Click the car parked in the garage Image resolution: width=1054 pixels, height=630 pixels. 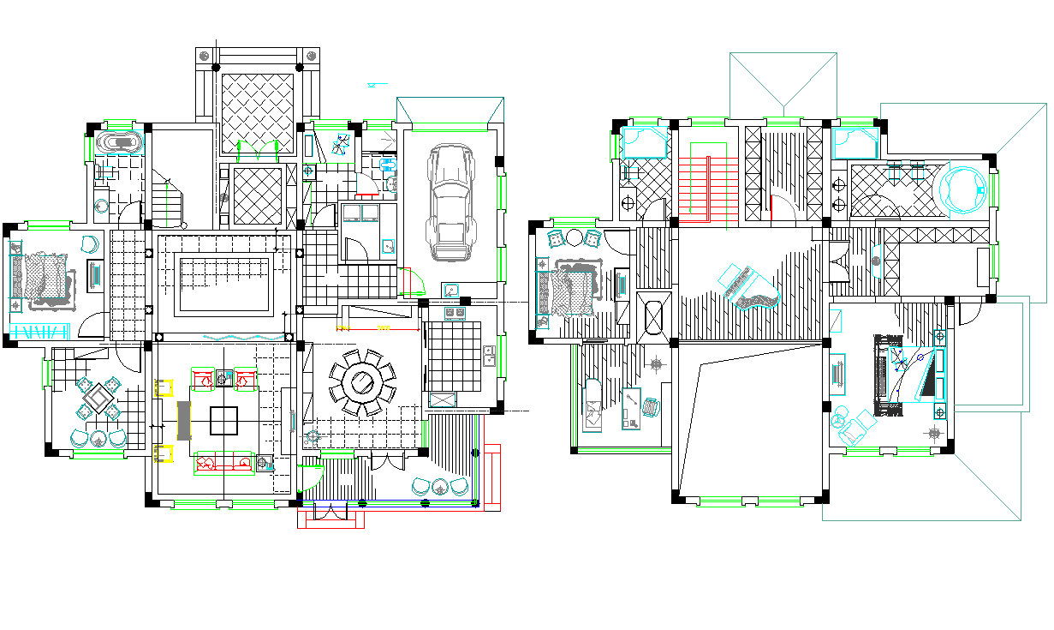click(451, 201)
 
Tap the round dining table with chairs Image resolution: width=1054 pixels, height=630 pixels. click(363, 381)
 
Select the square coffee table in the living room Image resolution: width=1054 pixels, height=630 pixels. click(224, 420)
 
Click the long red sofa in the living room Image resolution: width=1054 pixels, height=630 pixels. click(224, 464)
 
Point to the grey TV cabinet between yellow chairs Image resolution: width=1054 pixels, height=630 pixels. click(182, 420)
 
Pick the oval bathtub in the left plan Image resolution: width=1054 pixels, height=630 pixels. click(118, 142)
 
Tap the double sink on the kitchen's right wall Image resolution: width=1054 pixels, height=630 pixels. click(490, 355)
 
